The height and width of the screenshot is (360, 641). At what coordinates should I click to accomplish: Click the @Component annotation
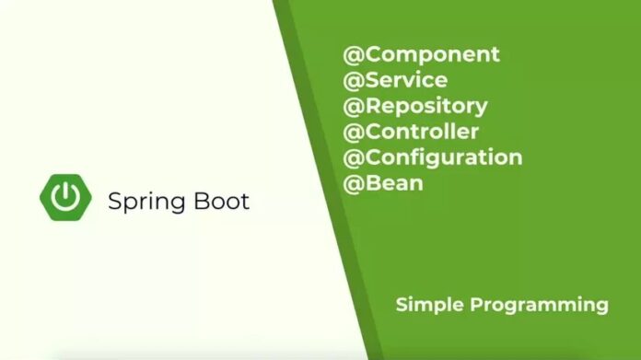pyautogui.click(x=422, y=54)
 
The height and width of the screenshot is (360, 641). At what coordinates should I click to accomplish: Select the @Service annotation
pyautogui.click(x=395, y=80)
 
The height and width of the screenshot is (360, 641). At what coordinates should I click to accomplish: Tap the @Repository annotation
pyautogui.click(x=415, y=106)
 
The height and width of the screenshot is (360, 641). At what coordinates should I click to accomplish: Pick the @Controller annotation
pyautogui.click(x=411, y=132)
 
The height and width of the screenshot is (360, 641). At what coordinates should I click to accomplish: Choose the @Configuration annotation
pyautogui.click(x=433, y=157)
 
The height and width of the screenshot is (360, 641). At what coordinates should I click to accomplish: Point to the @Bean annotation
pyautogui.click(x=383, y=182)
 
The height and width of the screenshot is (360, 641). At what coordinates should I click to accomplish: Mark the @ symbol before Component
pyautogui.click(x=353, y=54)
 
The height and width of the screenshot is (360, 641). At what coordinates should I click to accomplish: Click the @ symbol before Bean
pyautogui.click(x=353, y=182)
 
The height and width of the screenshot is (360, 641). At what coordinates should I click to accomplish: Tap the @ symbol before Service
pyautogui.click(x=353, y=80)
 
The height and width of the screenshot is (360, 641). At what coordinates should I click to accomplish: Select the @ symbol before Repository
pyautogui.click(x=353, y=106)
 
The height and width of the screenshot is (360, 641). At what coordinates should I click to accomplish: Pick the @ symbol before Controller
pyautogui.click(x=353, y=132)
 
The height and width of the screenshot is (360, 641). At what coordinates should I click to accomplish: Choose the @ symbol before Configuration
pyautogui.click(x=353, y=157)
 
